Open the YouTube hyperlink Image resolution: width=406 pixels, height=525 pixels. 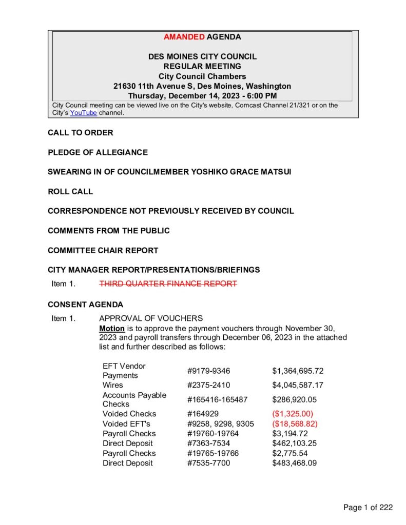point(83,113)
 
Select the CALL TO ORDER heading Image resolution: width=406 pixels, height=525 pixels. point(81,133)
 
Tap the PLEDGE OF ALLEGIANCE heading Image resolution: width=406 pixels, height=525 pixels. point(98,152)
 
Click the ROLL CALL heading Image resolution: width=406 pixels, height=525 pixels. point(70,191)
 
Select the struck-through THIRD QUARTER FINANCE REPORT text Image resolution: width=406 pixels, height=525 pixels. point(168,284)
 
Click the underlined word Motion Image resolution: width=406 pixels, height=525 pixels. point(111,328)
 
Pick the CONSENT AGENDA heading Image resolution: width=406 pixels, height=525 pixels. point(85,304)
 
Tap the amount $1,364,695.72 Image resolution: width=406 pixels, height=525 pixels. point(298,371)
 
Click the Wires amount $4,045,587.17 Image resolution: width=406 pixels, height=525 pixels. point(298,385)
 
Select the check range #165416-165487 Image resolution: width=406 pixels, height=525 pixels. point(218,399)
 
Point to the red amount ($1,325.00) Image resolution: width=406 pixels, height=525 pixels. point(293,414)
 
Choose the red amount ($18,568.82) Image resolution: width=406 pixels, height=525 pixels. point(295,423)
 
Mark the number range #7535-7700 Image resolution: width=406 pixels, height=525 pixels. point(209,463)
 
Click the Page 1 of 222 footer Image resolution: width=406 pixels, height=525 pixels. point(368,508)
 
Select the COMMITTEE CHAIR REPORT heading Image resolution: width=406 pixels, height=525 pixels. point(103,250)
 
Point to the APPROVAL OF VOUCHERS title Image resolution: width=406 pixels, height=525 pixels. point(151,318)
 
